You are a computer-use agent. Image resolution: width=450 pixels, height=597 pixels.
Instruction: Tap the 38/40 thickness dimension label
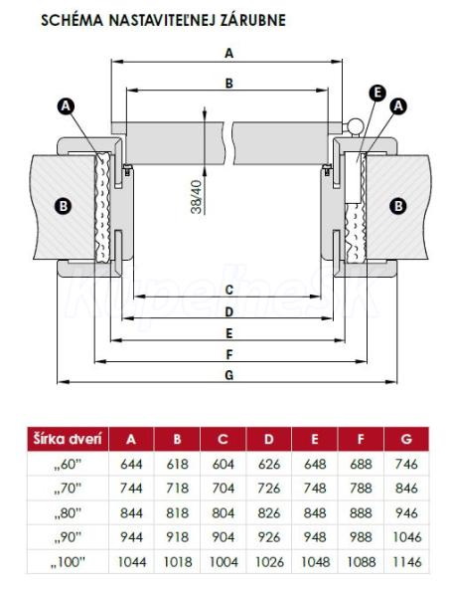pos(198,196)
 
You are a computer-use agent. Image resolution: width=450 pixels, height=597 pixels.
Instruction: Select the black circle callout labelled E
pos(377,93)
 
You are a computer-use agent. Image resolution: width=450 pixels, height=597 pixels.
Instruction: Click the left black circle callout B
pos(64,206)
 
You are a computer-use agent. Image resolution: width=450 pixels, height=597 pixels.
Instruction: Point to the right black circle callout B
pos(398,206)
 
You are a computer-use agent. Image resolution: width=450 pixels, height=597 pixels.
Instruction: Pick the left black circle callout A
pos(66,105)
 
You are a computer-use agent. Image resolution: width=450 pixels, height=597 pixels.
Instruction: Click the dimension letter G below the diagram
pos(228,375)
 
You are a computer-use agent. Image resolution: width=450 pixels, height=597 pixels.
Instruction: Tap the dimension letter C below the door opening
pos(228,290)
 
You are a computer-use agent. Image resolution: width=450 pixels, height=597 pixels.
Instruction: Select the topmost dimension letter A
pos(228,54)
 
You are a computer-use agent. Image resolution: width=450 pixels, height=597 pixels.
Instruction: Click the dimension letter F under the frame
pos(228,355)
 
